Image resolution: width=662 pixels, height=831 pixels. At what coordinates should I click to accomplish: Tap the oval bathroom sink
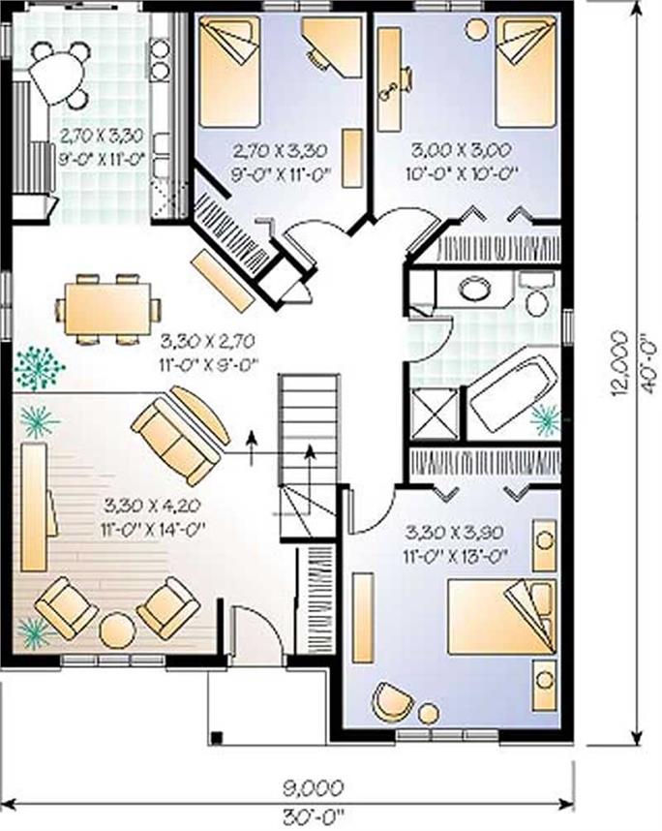(x=475, y=290)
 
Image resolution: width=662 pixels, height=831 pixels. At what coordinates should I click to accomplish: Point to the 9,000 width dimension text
(x=313, y=788)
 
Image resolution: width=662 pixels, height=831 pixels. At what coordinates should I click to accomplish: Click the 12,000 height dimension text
(x=619, y=364)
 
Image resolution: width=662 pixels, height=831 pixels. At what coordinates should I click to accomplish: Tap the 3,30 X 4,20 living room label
(x=152, y=506)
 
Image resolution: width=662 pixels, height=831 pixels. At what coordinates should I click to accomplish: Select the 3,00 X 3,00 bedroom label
(x=461, y=150)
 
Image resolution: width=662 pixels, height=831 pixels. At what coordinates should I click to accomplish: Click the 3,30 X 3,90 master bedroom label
(x=454, y=532)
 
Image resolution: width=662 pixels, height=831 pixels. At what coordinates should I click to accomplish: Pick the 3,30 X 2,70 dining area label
(x=208, y=341)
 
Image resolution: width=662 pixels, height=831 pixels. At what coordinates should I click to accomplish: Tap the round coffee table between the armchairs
(x=117, y=631)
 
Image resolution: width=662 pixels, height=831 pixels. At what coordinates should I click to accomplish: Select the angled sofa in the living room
(x=181, y=435)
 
